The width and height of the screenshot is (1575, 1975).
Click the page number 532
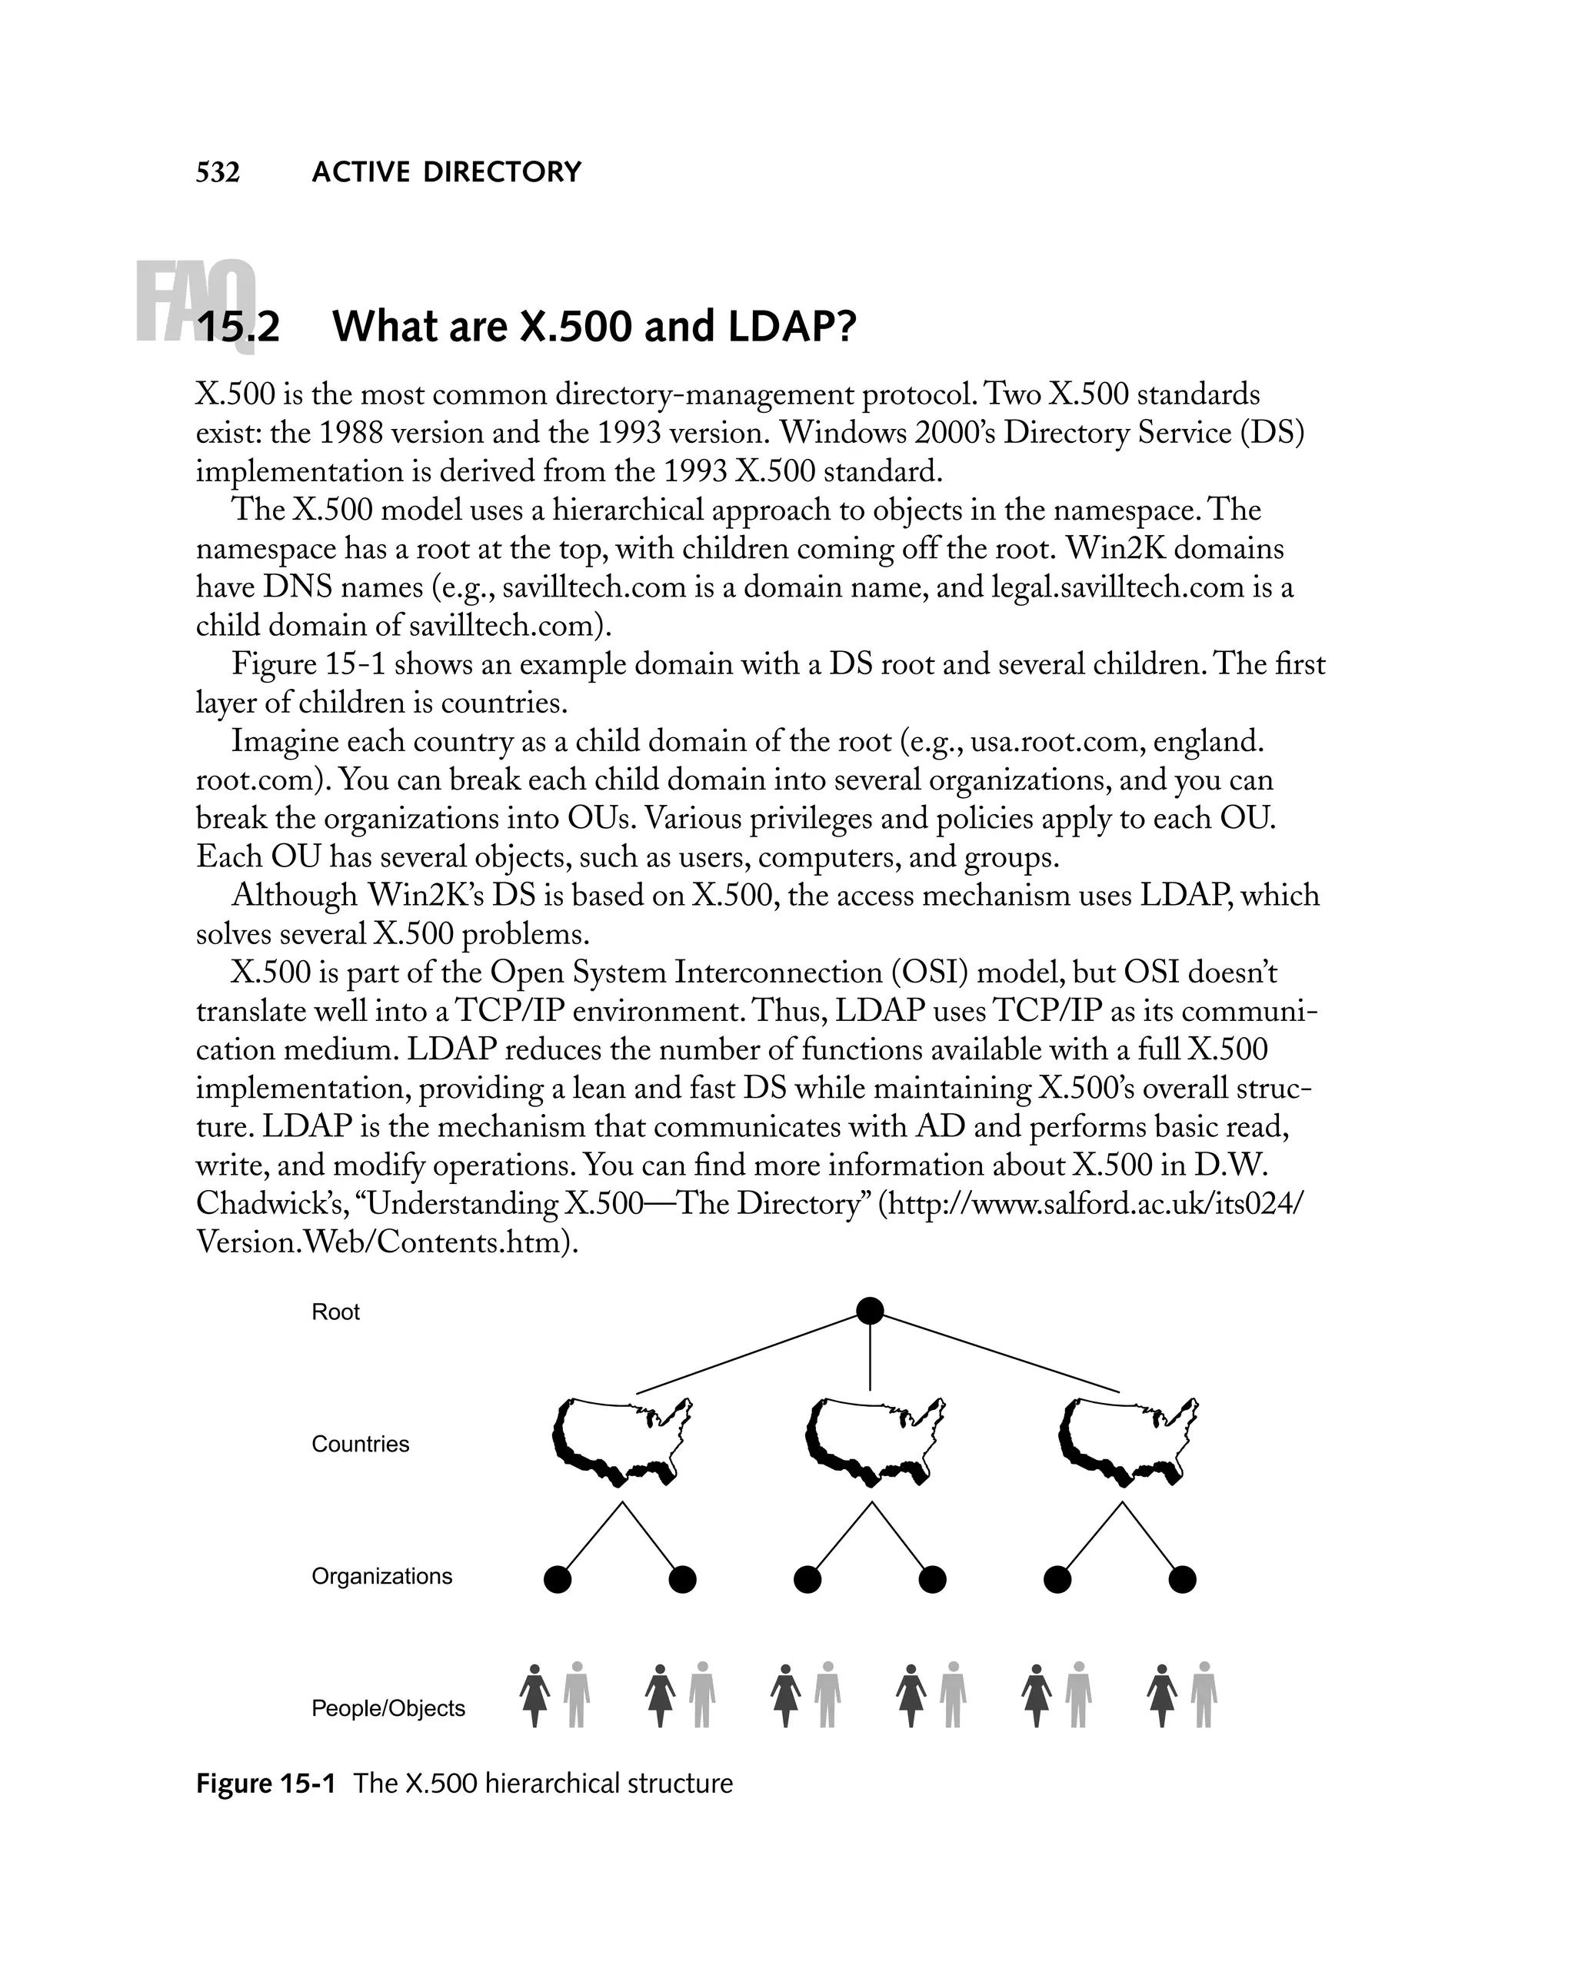(x=218, y=172)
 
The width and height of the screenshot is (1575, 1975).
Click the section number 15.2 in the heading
(x=238, y=327)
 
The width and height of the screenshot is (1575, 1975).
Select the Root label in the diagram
(x=335, y=1312)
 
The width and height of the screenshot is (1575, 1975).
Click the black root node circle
(x=870, y=1311)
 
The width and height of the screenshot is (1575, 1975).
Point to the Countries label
(x=360, y=1444)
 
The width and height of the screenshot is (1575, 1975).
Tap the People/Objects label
(x=388, y=1707)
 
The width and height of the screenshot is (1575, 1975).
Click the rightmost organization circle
(x=1182, y=1579)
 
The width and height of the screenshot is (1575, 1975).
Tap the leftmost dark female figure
(x=535, y=1696)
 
